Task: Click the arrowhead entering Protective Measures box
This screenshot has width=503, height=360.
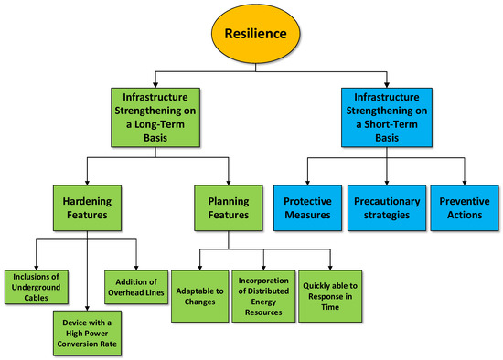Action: [x=305, y=182]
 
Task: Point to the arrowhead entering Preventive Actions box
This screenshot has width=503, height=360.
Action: [x=464, y=182]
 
